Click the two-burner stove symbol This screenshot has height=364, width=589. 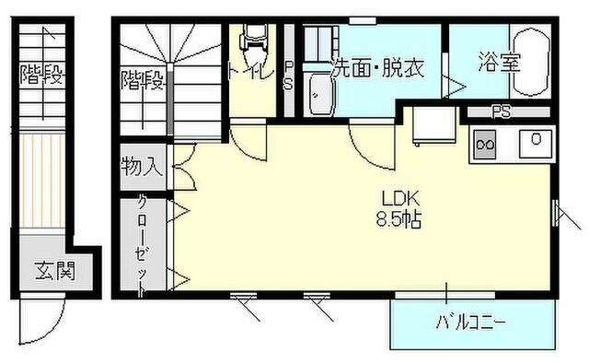click(x=485, y=144)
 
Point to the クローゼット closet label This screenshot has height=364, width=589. click(x=143, y=245)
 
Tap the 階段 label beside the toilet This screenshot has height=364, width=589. click(x=142, y=81)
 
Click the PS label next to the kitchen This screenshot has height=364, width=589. click(x=501, y=112)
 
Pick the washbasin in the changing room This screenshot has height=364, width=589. click(x=321, y=92)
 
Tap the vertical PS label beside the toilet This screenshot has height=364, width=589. click(x=288, y=76)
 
